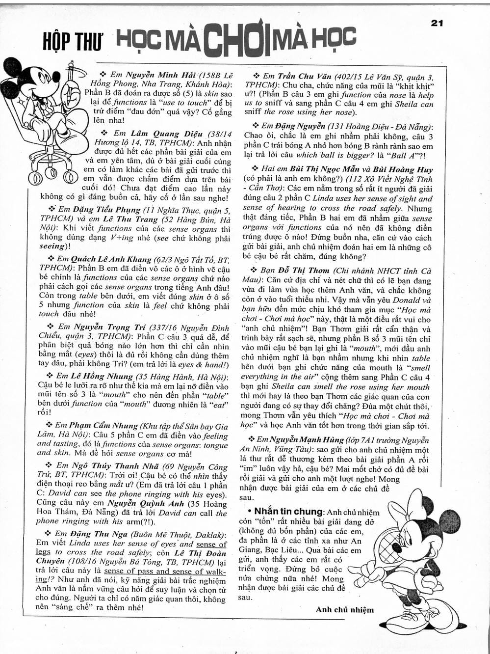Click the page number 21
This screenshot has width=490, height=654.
tap(437, 23)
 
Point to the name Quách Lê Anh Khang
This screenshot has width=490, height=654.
tap(111, 259)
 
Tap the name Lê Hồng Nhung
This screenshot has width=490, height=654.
tap(102, 377)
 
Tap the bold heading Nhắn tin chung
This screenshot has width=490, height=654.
tap(288, 512)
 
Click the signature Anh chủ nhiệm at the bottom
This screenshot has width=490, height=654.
tap(345, 610)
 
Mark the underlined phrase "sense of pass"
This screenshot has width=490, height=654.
tap(129, 571)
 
